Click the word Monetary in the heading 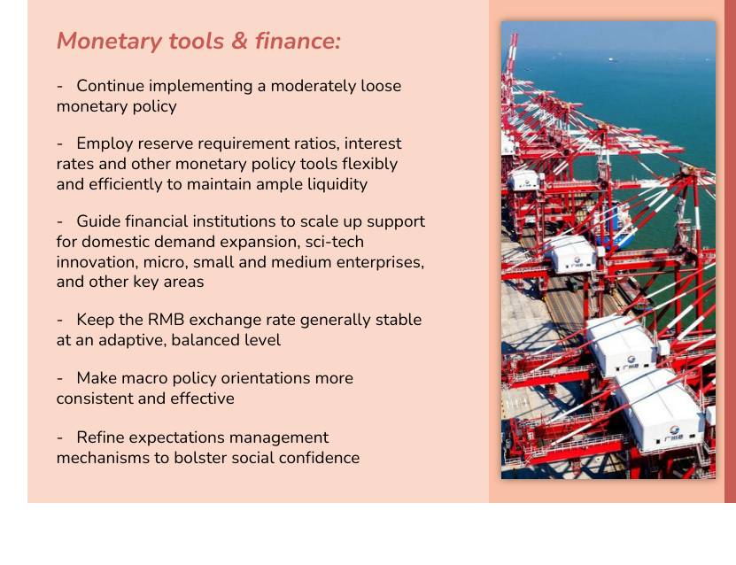point(110,42)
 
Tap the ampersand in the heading point(239,41)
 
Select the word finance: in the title point(298,41)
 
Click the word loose point(381,86)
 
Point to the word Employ point(105,144)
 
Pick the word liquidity point(337,184)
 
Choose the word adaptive point(128,340)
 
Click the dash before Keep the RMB point(59,321)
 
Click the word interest point(373,143)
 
